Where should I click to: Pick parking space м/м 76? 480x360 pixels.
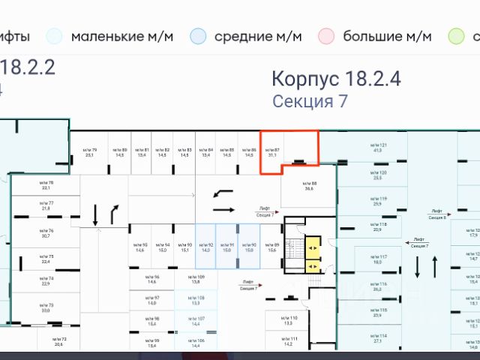(46, 233)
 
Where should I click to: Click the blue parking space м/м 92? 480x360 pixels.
(205, 247)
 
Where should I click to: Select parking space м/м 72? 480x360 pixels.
(58, 342)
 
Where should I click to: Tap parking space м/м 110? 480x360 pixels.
(287, 320)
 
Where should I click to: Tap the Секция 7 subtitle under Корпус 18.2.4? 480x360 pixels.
(309, 101)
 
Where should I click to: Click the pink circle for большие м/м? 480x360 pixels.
(326, 35)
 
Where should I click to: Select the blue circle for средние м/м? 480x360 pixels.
(198, 35)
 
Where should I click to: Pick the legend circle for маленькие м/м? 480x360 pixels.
(54, 35)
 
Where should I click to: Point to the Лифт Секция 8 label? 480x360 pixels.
(438, 214)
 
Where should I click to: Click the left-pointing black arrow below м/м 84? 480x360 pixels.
(223, 193)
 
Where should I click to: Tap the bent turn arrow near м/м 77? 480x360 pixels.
(115, 214)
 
